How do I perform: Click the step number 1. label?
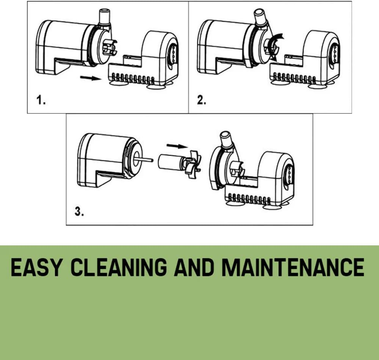pos(41,100)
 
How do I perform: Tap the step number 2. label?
pos(202,100)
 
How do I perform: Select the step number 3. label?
pos(79,211)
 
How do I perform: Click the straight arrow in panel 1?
pos(91,78)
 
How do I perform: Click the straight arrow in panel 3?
pos(177,146)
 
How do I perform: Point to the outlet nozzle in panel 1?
pos(105,17)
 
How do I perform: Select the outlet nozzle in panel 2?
pos(261,17)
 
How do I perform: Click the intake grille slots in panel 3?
pos(249,199)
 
